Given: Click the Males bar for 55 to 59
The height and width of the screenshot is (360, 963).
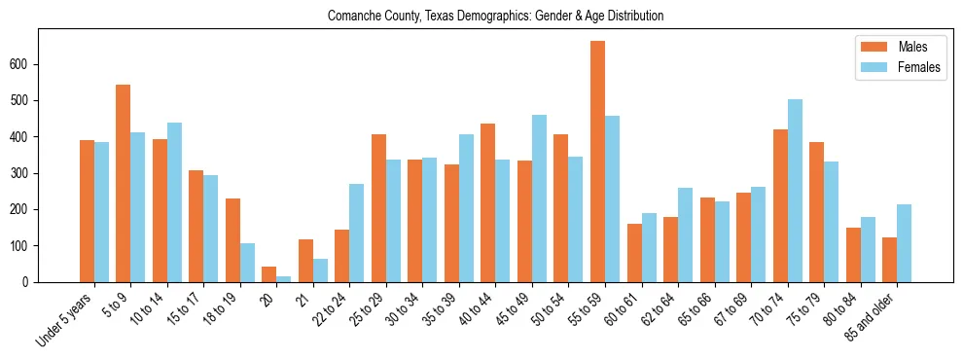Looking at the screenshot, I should pos(598,162).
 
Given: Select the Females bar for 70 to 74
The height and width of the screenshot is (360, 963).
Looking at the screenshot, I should pos(795,191).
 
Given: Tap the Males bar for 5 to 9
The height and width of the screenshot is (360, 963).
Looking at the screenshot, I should pos(124,183).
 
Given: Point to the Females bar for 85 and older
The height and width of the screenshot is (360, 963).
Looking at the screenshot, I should pos(905,243).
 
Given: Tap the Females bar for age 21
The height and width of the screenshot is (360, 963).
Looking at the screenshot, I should pos(320,270).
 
